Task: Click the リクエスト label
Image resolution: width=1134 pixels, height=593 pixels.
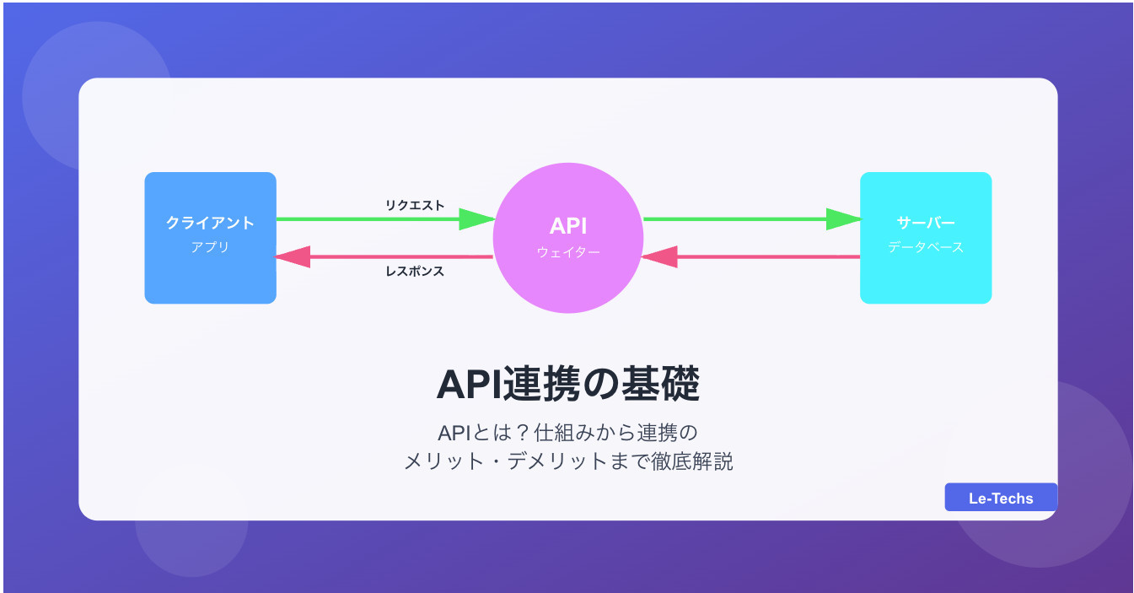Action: coord(415,205)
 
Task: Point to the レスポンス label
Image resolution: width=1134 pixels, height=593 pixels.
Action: coord(415,272)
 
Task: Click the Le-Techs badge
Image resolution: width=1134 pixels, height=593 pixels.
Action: coord(1000,498)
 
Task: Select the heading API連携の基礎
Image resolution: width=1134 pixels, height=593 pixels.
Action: coord(567,385)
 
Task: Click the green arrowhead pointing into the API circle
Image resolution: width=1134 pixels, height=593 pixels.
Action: coord(476,219)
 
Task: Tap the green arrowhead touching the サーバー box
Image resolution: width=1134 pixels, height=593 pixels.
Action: coord(843,219)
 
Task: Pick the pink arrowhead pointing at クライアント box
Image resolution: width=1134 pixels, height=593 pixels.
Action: coord(293,256)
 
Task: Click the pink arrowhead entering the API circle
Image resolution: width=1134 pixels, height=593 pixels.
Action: coord(659,256)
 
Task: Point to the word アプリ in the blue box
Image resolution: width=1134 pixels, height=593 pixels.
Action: coord(210,247)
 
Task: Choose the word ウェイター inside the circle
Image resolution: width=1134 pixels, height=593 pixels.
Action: coord(568,251)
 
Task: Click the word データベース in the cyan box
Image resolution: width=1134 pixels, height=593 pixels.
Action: coord(925,247)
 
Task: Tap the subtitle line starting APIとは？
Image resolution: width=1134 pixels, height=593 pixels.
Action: coord(567,434)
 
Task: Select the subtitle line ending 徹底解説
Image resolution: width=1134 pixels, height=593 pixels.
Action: coord(567,461)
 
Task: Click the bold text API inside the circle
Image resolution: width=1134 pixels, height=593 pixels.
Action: coord(568,225)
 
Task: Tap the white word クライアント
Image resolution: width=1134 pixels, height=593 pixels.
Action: coord(210,223)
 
